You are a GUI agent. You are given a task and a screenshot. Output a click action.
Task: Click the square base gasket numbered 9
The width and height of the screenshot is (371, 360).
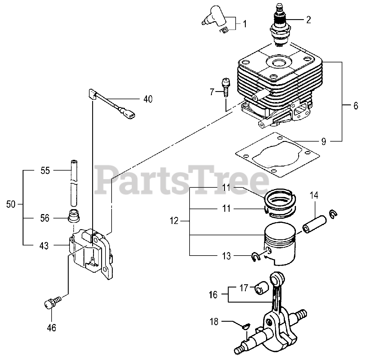point(278,154)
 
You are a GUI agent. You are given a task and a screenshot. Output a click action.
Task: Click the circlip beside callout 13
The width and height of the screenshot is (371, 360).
point(256,256)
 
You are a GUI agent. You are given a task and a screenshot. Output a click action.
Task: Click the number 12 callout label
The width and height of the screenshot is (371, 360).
point(174,221)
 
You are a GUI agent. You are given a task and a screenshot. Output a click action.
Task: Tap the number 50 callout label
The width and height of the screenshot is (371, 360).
point(10,204)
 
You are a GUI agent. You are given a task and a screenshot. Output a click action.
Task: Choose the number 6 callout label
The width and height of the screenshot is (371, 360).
point(356,106)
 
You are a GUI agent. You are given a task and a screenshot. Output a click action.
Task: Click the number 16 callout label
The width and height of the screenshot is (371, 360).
point(213,294)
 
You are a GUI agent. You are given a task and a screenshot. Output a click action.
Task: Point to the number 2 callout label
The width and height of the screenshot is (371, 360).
point(308,19)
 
